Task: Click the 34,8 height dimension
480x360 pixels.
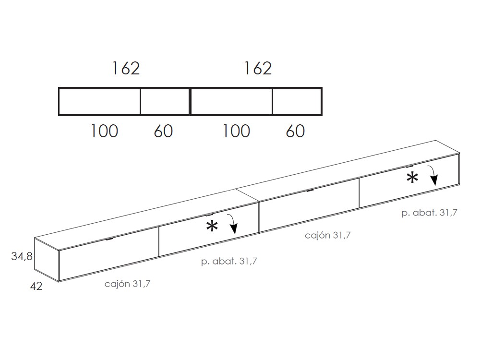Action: (x=22, y=256)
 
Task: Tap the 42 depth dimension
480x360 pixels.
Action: (x=36, y=287)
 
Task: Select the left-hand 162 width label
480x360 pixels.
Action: (x=126, y=69)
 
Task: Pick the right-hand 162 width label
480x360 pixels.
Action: (x=258, y=69)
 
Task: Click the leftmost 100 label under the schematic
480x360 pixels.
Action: (x=104, y=131)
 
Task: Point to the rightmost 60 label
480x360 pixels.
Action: (x=295, y=131)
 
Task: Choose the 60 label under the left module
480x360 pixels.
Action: (x=163, y=131)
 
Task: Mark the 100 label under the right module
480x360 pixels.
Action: (x=236, y=131)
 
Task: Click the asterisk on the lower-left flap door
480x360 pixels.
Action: (x=212, y=227)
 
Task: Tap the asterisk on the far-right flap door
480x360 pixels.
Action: (x=412, y=178)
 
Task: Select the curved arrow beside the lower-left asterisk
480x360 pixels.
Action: (x=234, y=224)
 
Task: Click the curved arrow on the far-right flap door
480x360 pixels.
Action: (x=433, y=175)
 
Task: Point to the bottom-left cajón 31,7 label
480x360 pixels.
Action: (x=128, y=284)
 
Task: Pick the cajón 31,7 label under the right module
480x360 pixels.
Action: (x=328, y=235)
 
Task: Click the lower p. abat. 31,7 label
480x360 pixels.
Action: (x=229, y=262)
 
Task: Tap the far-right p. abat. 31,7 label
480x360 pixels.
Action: (x=429, y=213)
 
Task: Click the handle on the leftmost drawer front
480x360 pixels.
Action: (x=110, y=239)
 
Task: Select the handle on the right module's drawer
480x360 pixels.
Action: (x=310, y=190)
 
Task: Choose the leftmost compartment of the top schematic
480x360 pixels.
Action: (x=99, y=102)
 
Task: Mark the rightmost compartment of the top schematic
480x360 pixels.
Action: (x=297, y=102)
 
